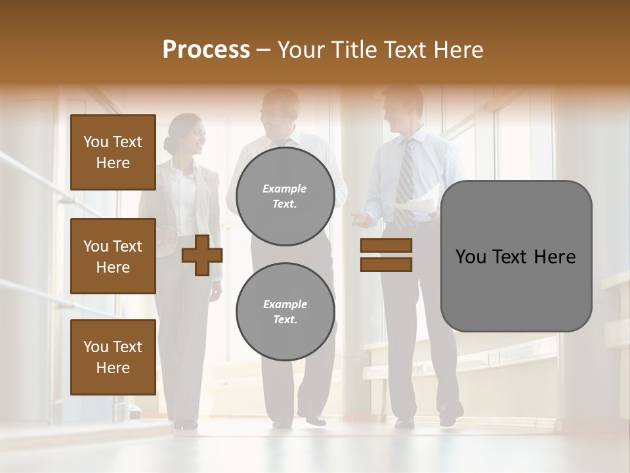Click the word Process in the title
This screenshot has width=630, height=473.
point(206,49)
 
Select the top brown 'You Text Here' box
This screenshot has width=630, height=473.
point(113,152)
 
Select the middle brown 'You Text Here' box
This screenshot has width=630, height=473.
point(113,256)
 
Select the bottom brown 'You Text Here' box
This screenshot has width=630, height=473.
point(113,357)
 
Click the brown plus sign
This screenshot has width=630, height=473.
point(201,255)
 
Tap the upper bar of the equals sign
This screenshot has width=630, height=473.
point(386,245)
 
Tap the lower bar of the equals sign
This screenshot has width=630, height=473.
point(386,264)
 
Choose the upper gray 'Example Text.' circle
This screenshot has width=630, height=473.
point(285,196)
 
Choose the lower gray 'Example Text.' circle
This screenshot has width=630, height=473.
point(285,312)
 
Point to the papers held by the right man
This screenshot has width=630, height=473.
point(415,210)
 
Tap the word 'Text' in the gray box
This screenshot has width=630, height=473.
point(515,257)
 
